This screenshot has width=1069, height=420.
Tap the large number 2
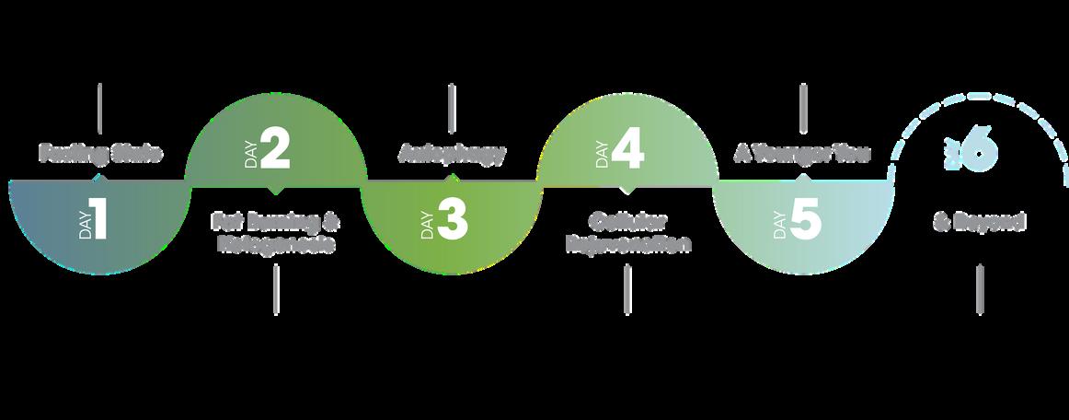[275, 150]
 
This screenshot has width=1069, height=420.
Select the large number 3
[452, 222]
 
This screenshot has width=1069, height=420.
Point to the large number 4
[627, 150]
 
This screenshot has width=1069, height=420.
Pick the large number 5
[805, 222]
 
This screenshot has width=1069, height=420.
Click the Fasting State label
[100, 153]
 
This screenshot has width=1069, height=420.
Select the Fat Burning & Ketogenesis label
[275, 233]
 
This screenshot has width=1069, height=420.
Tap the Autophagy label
[452, 153]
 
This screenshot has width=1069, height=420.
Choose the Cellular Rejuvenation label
[627, 233]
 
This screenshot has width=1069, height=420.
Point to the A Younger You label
[802, 153]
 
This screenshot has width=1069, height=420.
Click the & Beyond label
[979, 222]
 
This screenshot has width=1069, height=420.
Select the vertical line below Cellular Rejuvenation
[627, 290]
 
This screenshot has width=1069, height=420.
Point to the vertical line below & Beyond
[979, 290]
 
